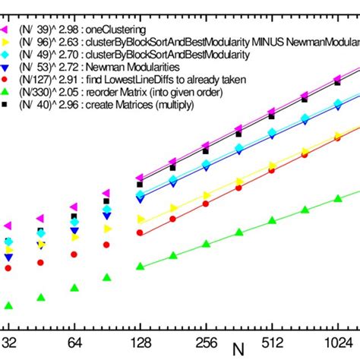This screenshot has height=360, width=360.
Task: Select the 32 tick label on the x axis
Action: pyautogui.click(x=9, y=341)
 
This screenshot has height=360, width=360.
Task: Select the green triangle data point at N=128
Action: pyautogui.click(x=140, y=266)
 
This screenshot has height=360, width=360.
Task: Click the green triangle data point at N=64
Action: pyautogui.click(x=74, y=288)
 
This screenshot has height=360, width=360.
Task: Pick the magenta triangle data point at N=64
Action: pyautogui.click(x=74, y=207)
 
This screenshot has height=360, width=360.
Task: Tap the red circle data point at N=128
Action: pyautogui.click(x=140, y=234)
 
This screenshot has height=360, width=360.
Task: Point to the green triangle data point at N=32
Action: pyautogui.click(x=8, y=306)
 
